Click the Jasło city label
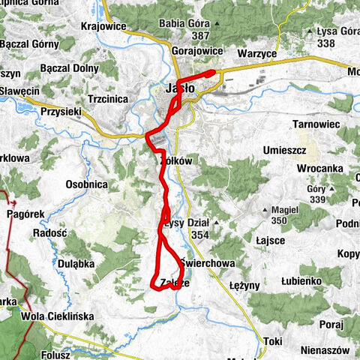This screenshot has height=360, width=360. [x=179, y=88]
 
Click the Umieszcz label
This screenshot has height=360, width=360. [x=284, y=151]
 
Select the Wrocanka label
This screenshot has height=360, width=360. [x=319, y=169]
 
